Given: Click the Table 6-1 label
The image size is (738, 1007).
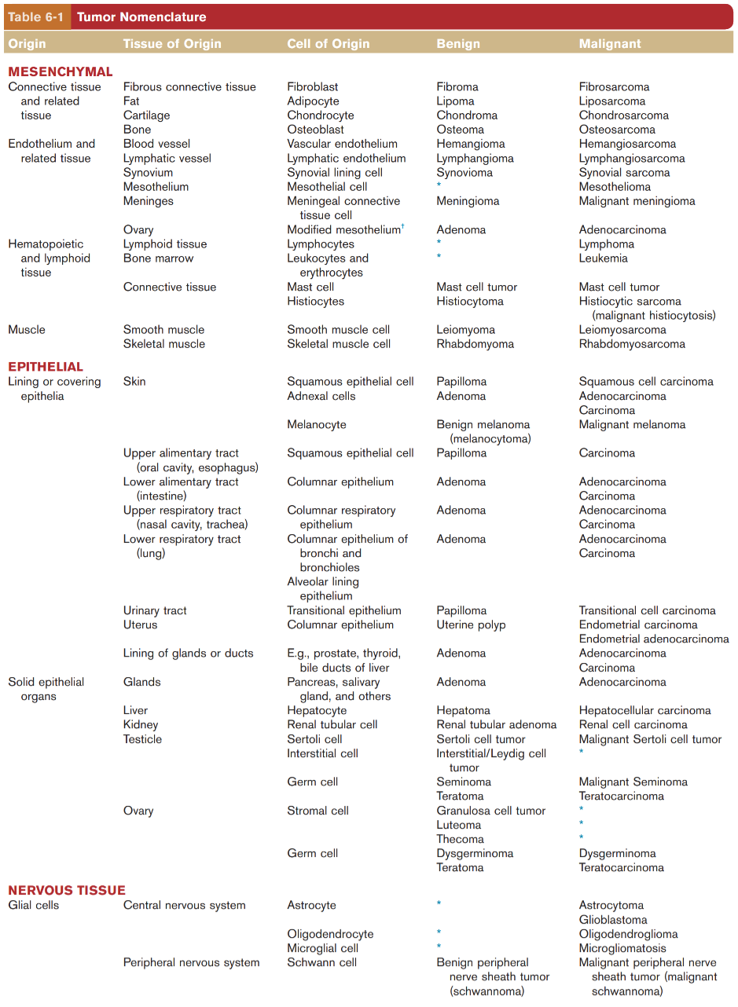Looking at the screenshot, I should click(36, 16).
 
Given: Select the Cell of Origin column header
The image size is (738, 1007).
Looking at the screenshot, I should click(328, 44).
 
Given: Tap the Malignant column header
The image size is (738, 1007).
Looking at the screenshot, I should click(610, 44).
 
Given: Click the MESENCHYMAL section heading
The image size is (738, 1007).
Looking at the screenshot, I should click(61, 72).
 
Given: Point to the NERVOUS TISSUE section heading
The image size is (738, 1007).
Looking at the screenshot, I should click(67, 890).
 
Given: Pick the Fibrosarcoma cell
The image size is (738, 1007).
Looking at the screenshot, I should click(614, 87).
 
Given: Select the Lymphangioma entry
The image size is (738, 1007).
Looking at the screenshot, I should click(475, 159).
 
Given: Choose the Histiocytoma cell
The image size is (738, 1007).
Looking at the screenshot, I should click(469, 302).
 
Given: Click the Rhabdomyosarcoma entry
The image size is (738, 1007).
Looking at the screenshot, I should click(632, 344).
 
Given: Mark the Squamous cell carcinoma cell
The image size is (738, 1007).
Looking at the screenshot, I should click(646, 382).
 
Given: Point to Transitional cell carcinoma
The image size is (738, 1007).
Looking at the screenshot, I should click(647, 610).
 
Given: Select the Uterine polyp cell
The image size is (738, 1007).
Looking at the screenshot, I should click(471, 625).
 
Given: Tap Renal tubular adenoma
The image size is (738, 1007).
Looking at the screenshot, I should click(496, 725).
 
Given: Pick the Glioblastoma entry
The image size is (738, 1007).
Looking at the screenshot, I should click(613, 920).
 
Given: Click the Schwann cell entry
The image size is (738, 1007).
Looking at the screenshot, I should click(321, 963).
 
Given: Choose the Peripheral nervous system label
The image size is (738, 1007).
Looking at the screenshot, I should click(191, 963).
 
